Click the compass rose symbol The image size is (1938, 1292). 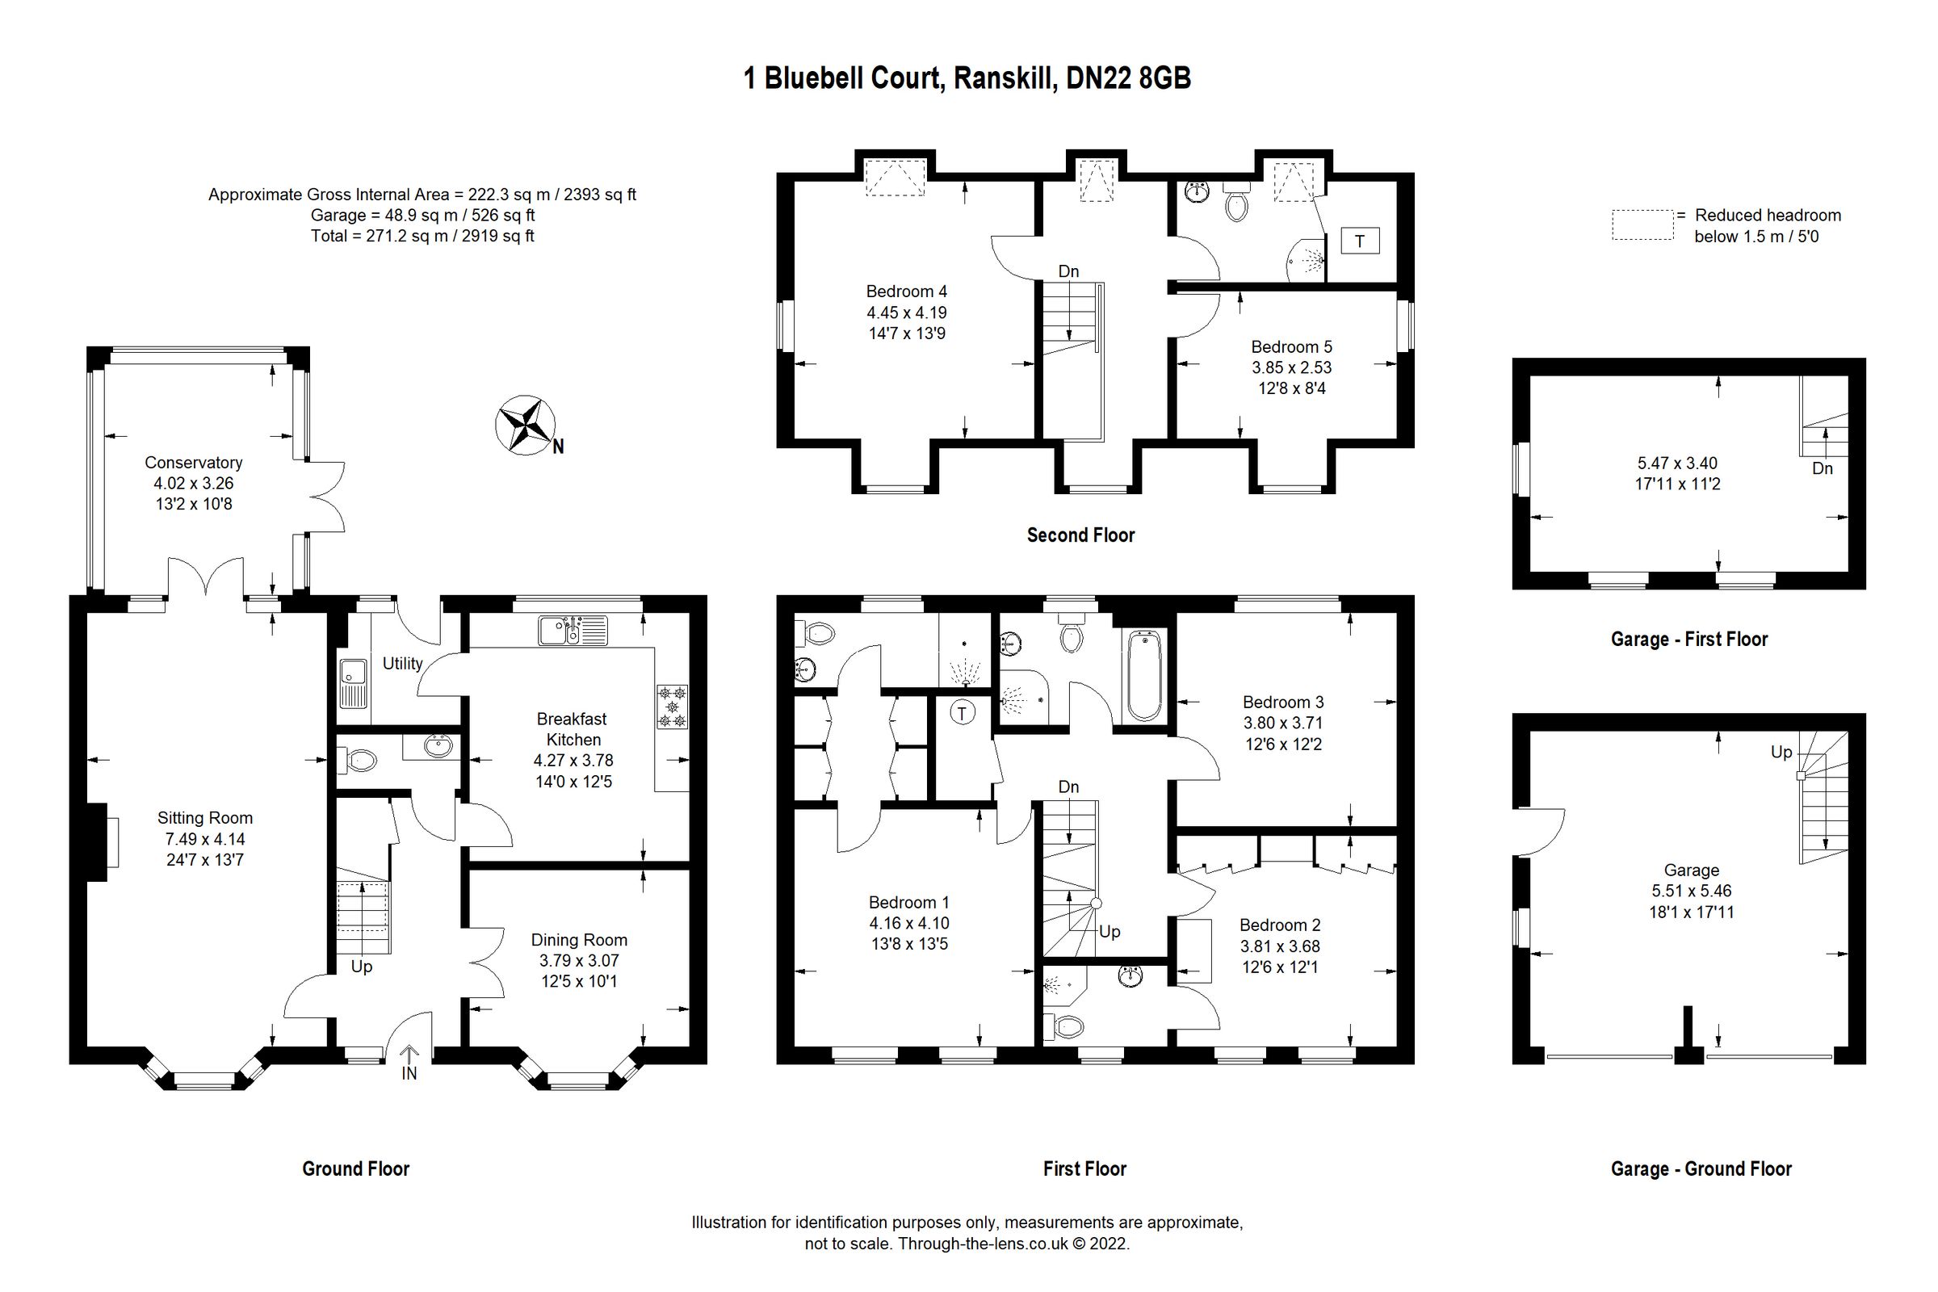524,426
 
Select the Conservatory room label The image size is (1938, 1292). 194,463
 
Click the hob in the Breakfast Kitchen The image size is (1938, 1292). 673,707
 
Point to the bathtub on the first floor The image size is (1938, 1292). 1143,676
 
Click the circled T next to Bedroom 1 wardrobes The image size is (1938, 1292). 963,713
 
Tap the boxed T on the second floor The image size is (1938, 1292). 1360,241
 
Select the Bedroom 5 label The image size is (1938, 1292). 1291,347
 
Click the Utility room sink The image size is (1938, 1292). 354,683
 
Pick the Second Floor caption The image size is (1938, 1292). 1080,535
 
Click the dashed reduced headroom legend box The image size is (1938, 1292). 1642,225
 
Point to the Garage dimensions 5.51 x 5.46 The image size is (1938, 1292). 1691,891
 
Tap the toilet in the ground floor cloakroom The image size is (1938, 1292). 358,760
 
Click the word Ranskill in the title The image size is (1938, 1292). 1005,78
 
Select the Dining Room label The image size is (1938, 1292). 578,940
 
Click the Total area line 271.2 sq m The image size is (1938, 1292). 422,236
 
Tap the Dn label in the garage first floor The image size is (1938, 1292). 1822,469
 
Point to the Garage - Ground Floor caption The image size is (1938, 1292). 1701,1169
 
